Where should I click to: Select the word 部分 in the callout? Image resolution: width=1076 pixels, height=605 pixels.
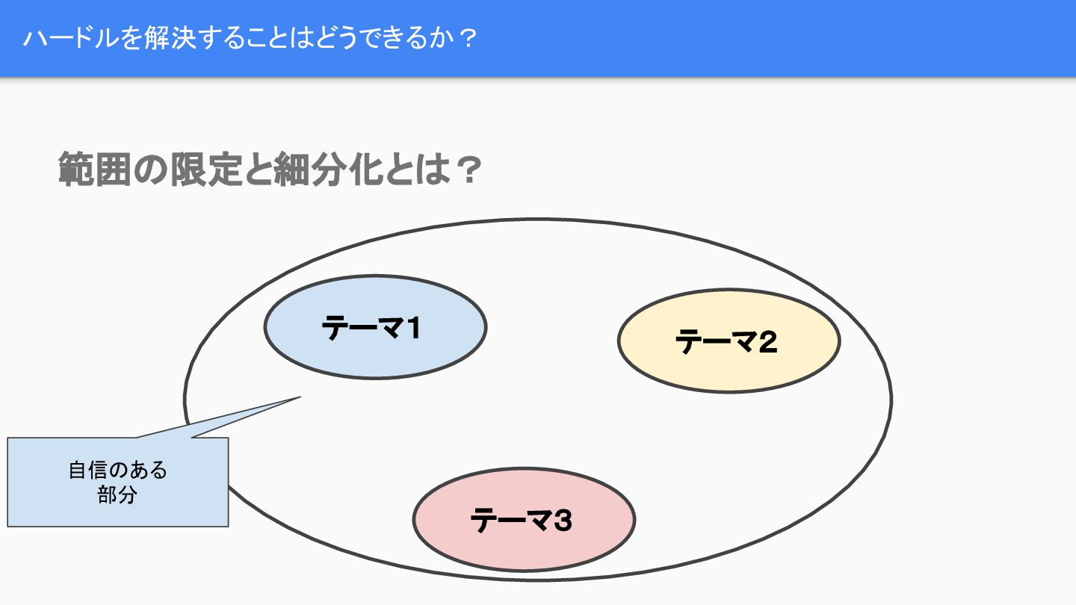pos(117,494)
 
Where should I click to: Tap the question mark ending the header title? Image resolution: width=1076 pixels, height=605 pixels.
pos(466,38)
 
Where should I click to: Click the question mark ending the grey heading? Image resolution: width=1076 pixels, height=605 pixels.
pos(466,170)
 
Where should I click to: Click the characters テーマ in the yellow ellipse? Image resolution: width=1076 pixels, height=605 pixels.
pos(710,341)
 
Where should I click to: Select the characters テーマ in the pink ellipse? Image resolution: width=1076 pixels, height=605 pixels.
pos(505,520)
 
